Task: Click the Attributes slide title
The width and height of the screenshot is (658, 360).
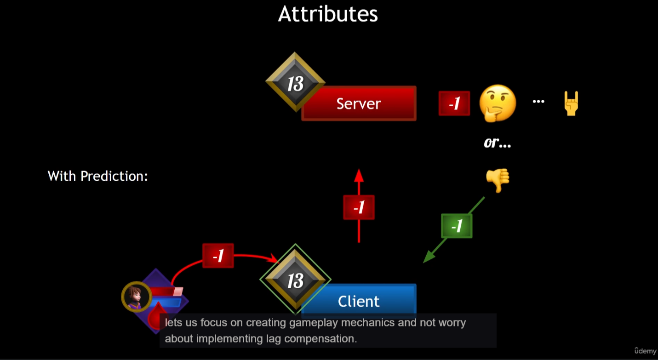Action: (x=328, y=14)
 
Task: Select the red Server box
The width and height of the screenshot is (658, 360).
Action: (x=359, y=104)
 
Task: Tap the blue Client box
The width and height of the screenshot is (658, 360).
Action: (x=359, y=301)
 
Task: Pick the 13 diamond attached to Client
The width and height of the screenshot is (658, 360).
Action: (x=295, y=280)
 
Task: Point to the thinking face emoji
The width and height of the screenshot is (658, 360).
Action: (x=498, y=103)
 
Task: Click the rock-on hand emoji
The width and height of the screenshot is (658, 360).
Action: (x=571, y=103)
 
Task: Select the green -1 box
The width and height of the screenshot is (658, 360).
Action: (x=457, y=226)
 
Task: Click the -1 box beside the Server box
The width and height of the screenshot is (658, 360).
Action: (x=454, y=103)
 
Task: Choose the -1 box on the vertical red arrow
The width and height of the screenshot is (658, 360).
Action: (x=359, y=207)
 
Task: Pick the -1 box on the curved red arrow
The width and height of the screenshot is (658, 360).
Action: (x=218, y=256)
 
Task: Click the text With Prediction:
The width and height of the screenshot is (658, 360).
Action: (x=97, y=176)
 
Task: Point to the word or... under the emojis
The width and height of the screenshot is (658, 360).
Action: (x=498, y=143)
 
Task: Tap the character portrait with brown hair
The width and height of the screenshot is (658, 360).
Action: (x=137, y=297)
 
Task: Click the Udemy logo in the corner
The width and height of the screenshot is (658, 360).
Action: (x=645, y=351)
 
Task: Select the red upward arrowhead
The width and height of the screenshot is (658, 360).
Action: (x=359, y=175)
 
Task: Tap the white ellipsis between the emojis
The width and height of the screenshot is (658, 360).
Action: (x=538, y=102)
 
